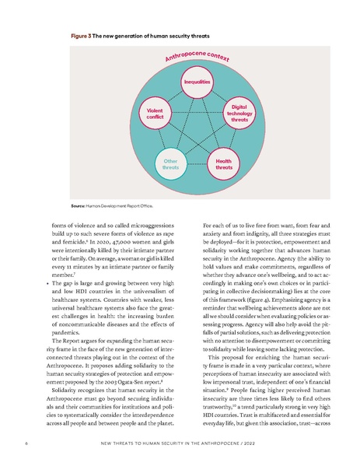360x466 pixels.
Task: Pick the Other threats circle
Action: pyautogui.click(x=170, y=164)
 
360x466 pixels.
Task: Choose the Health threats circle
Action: pyautogui.click(x=223, y=164)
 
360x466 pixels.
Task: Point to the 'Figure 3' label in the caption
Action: pyautogui.click(x=85, y=37)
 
